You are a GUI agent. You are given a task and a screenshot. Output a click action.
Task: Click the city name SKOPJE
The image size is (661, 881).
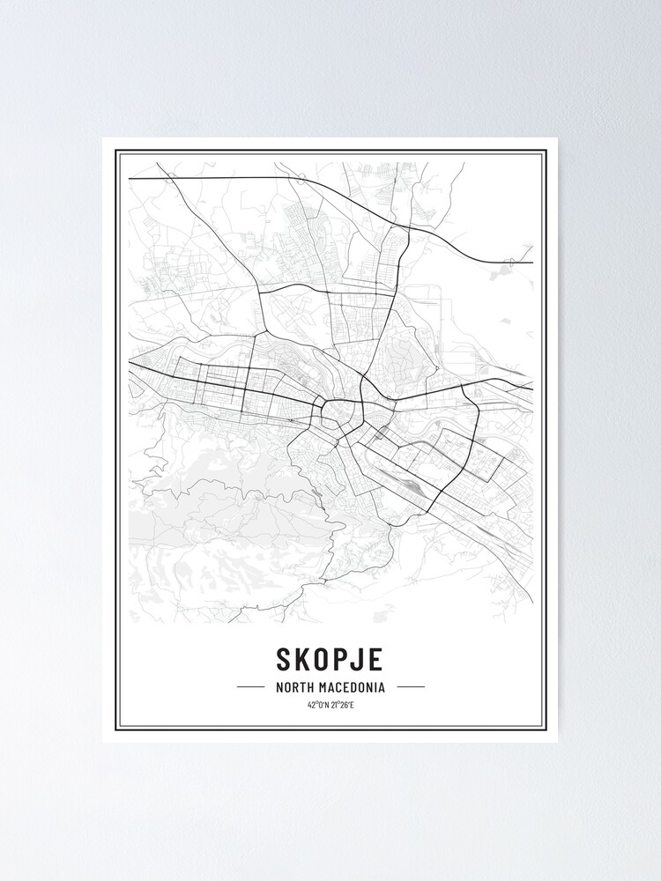coord(330,658)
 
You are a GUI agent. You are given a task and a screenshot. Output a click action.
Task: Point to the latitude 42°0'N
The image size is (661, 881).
coord(318,705)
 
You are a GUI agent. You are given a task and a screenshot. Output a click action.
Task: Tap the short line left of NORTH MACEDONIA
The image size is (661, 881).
coord(251,686)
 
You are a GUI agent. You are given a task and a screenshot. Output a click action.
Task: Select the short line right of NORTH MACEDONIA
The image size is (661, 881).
coord(410,686)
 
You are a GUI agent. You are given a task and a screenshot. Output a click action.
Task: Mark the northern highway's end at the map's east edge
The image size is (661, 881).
coord(532,263)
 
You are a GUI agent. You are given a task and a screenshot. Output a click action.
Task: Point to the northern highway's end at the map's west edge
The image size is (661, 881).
coord(130,179)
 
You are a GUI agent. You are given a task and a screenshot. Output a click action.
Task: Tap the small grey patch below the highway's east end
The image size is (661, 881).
coord(500,273)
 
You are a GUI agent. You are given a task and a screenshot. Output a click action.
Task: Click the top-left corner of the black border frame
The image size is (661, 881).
coord(115,152)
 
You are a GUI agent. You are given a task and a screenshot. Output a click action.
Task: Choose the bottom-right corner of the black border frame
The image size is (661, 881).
coord(546,729)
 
